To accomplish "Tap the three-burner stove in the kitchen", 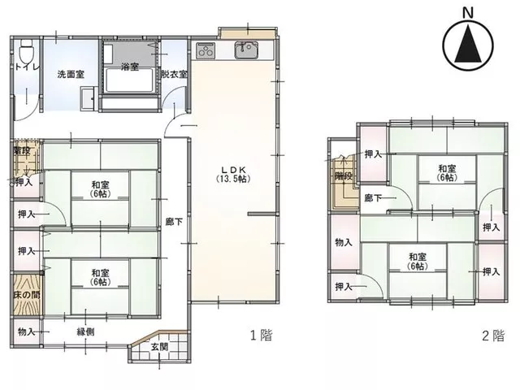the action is point(206,50).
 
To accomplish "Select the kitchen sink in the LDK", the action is point(246,50).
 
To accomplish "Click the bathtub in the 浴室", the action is point(129,80).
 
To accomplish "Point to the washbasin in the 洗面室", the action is point(89,98).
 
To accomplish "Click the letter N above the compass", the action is point(468,13).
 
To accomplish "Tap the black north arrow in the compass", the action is point(468,45).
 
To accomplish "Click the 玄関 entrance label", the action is point(159,347).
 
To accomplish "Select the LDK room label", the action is point(233,170).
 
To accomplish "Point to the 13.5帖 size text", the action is point(233,179).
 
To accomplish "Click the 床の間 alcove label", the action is point(27,294).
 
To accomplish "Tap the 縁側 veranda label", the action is point(85,331).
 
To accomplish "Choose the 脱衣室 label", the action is point(174,74).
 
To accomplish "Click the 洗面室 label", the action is point(71,74).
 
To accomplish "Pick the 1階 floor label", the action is point(262,336).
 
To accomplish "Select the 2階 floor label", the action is point(493,336).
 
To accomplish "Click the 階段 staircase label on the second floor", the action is point(343,175).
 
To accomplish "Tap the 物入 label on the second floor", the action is point(343,242).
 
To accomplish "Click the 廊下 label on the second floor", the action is point(373,198).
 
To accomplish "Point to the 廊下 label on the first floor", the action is point(174,222).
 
